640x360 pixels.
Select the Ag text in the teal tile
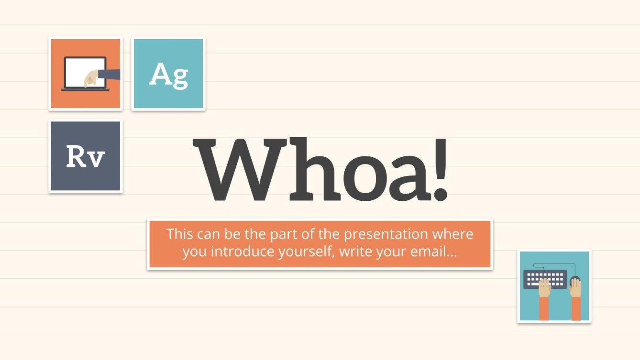168,75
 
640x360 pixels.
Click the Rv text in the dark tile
85,156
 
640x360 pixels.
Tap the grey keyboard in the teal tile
544,278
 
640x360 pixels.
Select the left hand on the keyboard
544,289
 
